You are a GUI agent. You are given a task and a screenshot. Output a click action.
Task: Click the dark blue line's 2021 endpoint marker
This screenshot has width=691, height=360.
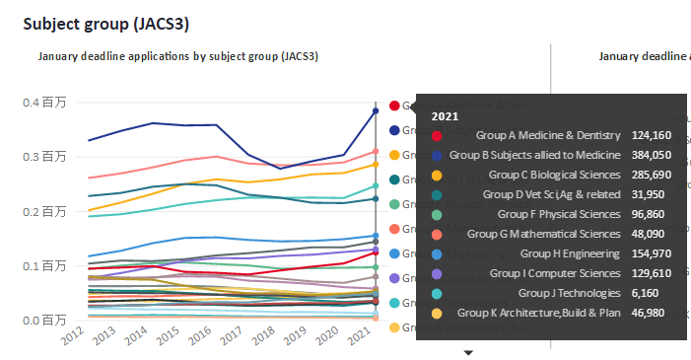point(376,111)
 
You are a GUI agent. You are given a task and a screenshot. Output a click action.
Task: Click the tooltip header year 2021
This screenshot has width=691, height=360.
point(446,115)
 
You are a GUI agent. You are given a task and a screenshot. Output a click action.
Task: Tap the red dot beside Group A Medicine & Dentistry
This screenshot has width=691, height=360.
point(437,135)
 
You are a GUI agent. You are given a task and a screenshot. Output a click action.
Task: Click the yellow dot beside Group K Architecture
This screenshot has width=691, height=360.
point(437,313)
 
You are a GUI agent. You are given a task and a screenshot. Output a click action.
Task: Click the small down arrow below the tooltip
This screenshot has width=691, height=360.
point(469,352)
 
